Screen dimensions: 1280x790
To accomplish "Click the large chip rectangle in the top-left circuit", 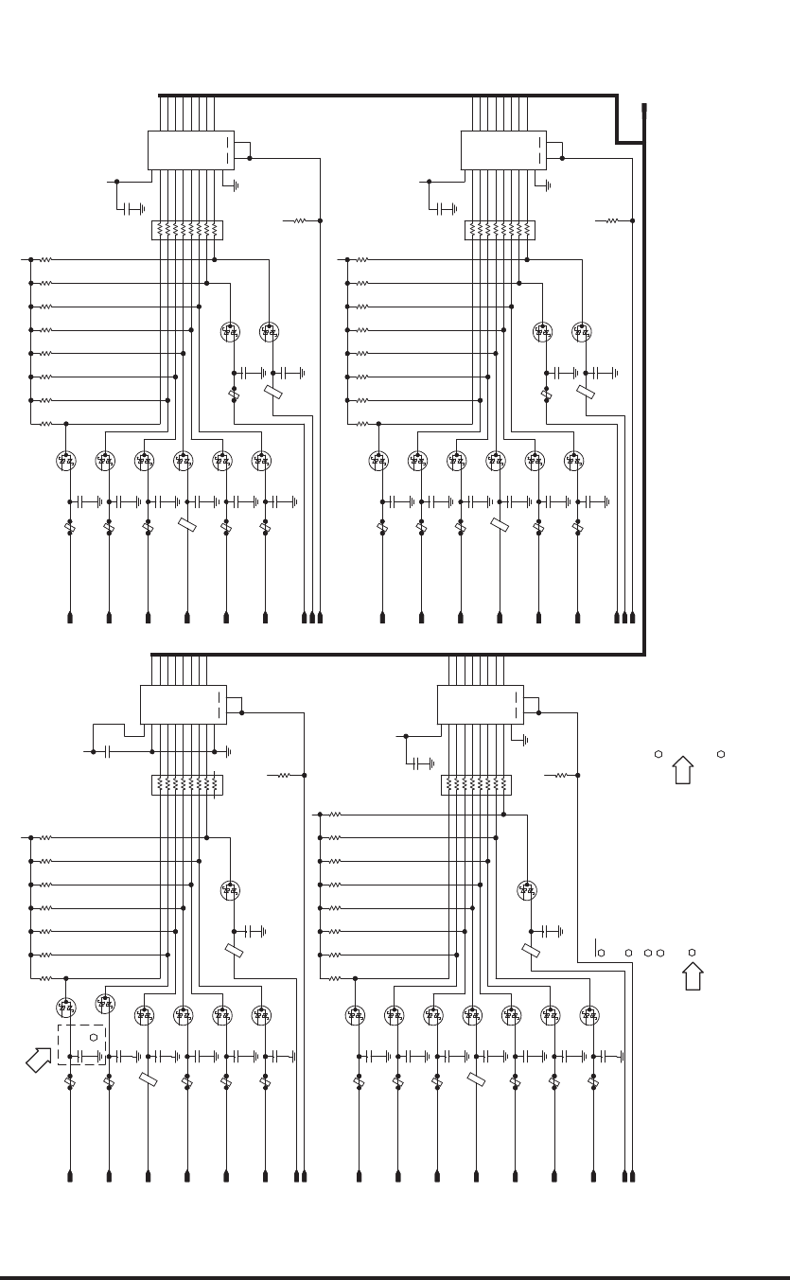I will pyautogui.click(x=190, y=149).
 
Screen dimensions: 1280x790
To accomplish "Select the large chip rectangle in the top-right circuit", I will pyautogui.click(x=503, y=149).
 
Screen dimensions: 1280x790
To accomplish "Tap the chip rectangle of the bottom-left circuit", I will pyautogui.click(x=183, y=704).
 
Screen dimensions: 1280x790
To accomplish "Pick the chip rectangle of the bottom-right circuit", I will pyautogui.click(x=480, y=704).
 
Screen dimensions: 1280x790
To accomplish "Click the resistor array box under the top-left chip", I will pyautogui.click(x=186, y=230).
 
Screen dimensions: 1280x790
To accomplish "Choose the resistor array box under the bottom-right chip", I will pyautogui.click(x=476, y=785).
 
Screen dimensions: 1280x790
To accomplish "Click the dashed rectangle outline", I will pyautogui.click(x=81, y=1044).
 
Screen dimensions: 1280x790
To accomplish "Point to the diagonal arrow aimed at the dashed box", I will pyautogui.click(x=39, y=1061).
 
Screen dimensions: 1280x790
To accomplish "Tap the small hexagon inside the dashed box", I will pyautogui.click(x=94, y=1038).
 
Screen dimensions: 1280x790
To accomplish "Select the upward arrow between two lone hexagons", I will pyautogui.click(x=682, y=769).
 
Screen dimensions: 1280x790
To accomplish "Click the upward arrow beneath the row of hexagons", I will pyautogui.click(x=693, y=975).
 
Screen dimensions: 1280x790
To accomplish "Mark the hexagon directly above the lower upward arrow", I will pyautogui.click(x=692, y=953).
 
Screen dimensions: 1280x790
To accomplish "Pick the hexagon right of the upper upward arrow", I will pyautogui.click(x=721, y=754).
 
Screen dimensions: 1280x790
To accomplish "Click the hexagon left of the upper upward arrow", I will pyautogui.click(x=658, y=754).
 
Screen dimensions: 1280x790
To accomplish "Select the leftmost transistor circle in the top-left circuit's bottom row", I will pyautogui.click(x=65, y=462).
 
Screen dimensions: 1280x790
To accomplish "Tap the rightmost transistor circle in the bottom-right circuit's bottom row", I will pyautogui.click(x=589, y=1015).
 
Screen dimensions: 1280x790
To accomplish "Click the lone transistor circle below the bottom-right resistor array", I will pyautogui.click(x=527, y=890).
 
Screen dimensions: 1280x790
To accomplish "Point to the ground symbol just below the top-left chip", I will pyautogui.click(x=234, y=184).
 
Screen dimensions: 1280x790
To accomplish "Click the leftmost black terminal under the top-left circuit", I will pyautogui.click(x=70, y=619).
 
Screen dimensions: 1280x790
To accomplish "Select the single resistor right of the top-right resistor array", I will pyautogui.click(x=613, y=220).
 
